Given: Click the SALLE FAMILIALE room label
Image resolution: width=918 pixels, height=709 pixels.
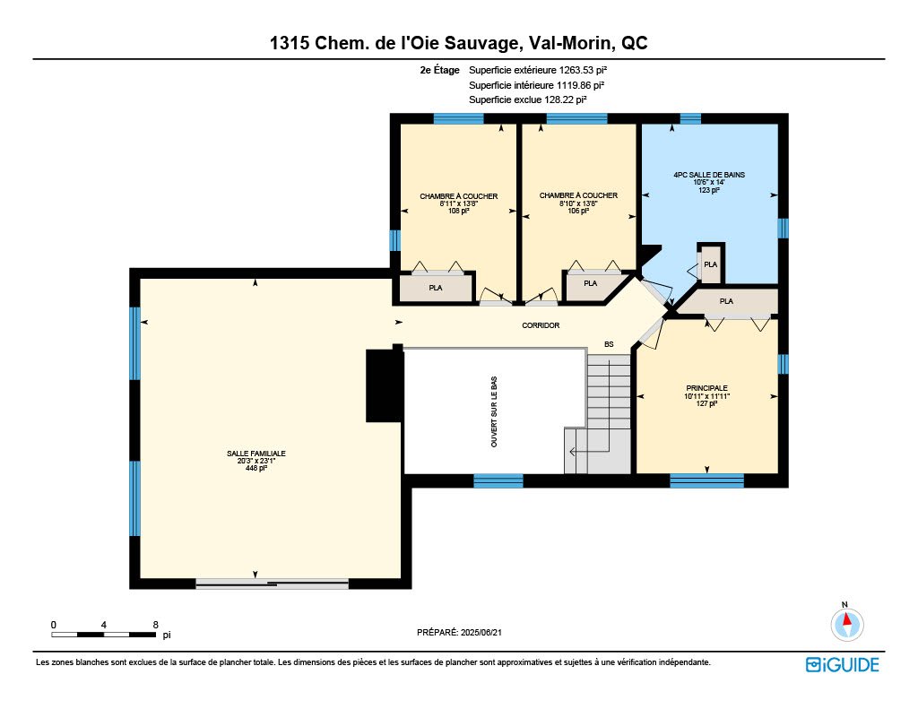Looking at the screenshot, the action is [255, 454].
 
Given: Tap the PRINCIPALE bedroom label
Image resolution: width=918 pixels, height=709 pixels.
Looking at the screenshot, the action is [706, 388].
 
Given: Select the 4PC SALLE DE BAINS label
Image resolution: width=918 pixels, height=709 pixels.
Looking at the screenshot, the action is [709, 175].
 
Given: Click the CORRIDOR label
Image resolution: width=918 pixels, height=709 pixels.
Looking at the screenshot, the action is [541, 325].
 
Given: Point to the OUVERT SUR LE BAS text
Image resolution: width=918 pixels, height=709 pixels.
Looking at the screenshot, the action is [494, 411].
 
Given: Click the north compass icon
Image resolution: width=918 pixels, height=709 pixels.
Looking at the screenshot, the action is [846, 624].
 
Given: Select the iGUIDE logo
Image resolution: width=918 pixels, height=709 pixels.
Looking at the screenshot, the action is [842, 665].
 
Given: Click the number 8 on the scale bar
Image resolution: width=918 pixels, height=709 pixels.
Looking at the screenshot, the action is [155, 625].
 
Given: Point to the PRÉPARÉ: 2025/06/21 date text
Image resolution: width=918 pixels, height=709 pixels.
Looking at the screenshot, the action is [459, 632].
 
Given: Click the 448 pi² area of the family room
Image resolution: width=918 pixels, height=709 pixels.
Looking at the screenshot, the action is [255, 469].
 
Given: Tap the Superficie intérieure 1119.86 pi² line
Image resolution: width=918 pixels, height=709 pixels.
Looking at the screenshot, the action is [536, 85].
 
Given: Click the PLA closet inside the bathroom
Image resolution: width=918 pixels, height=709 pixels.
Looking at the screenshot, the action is [711, 264].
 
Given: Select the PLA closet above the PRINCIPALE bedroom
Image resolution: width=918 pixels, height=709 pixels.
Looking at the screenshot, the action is [726, 301].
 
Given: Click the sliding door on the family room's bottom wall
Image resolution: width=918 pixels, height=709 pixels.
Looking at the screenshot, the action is [273, 584].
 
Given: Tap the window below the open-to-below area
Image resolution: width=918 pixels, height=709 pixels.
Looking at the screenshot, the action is [498, 481].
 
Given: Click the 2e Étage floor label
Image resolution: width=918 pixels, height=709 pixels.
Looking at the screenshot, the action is [439, 70].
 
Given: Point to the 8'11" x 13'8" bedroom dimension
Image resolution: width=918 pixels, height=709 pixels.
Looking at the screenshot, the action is [458, 203].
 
